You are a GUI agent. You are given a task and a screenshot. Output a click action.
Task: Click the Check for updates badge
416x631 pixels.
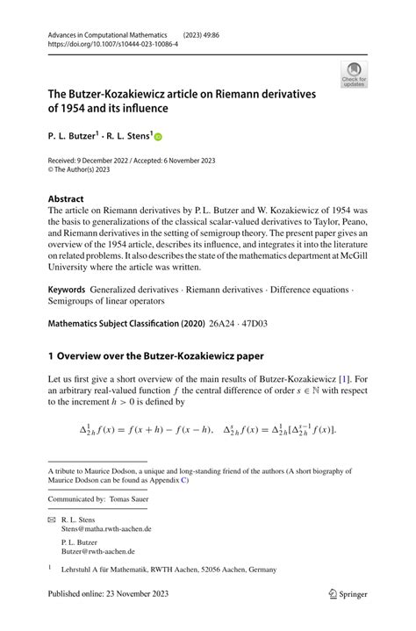[x=354, y=75]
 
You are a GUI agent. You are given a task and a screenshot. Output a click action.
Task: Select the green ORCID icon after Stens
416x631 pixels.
[x=159, y=138]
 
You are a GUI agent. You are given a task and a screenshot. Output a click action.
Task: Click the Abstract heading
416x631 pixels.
[x=66, y=198]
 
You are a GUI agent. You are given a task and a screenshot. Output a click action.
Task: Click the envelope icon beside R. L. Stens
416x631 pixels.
[x=51, y=520]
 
